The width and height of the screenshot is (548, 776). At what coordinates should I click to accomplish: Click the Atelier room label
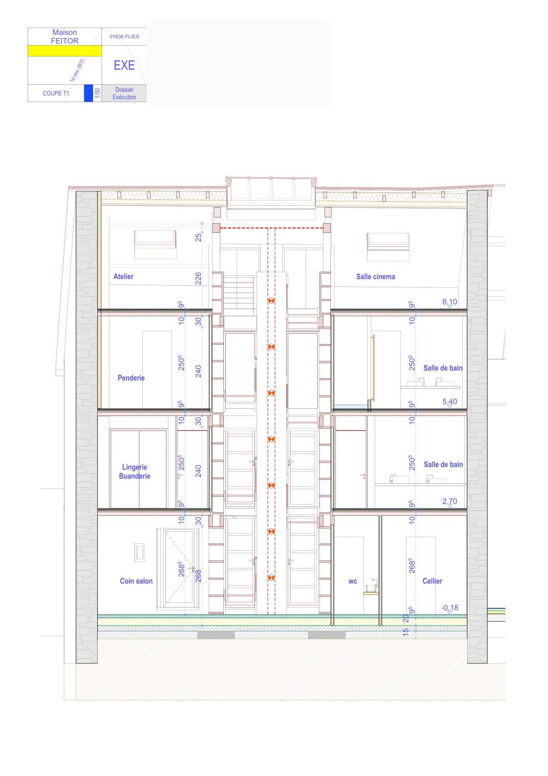pos(123,277)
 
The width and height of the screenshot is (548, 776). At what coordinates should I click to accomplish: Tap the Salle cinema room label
pos(375,277)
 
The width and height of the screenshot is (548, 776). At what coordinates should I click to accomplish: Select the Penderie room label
pos(131,378)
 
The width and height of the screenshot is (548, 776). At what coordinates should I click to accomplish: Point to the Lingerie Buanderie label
pos(135,471)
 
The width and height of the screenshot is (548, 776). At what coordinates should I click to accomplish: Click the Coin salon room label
pos(136,581)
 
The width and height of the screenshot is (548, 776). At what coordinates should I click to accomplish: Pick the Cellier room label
pos(432,581)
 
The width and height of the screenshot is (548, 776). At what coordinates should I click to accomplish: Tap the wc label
pos(353,581)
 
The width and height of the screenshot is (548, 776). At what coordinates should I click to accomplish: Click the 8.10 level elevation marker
pos(450,303)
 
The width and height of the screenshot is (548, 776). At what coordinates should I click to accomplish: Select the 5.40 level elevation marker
pos(450,403)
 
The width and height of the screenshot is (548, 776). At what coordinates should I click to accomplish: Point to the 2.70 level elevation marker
pos(450,502)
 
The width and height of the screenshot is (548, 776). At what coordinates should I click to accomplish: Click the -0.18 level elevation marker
pos(450,609)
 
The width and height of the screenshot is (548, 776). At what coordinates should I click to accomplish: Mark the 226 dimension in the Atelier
pos(198,279)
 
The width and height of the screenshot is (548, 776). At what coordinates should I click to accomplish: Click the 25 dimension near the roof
pos(198,237)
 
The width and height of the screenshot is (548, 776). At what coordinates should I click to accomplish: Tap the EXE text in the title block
pos(124,65)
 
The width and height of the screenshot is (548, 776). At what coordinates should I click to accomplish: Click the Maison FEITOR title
pos(65,36)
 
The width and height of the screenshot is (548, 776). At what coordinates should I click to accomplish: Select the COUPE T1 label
pos(56,93)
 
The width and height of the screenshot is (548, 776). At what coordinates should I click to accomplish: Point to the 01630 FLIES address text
pos(124,36)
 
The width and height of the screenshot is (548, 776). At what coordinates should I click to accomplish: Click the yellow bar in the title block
pos(65,51)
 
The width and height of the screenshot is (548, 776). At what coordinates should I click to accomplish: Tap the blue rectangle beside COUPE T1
pos(89,93)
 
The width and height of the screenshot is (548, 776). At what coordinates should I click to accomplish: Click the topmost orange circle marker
pos(271,301)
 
